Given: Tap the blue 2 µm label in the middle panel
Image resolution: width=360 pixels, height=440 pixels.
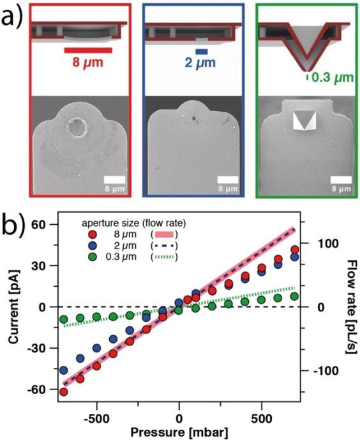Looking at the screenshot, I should coord(202,64).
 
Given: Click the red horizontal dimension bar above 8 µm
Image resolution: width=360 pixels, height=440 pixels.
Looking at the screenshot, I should coord(88,50).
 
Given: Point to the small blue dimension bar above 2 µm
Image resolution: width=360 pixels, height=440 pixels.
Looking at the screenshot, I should coord(202,51).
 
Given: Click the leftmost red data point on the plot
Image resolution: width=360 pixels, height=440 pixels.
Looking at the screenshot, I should coord(63,391).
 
